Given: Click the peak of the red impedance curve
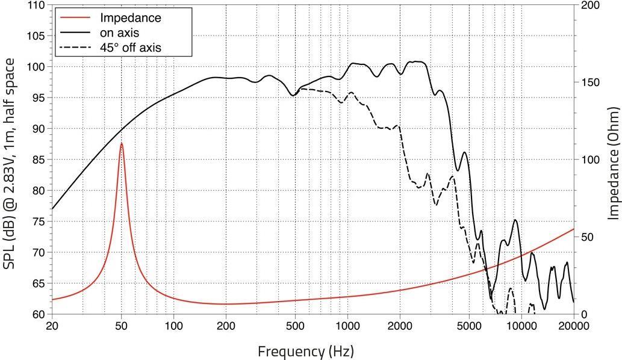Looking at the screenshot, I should click(x=122, y=143).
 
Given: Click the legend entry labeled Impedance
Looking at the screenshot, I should click(x=130, y=18).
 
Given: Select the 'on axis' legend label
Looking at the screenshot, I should click(x=119, y=33).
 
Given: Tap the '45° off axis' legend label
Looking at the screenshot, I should click(x=130, y=47).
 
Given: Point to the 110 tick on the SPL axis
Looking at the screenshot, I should click(x=37, y=5).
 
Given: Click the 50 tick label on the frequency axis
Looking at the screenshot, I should click(x=122, y=326).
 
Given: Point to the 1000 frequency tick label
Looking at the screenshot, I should click(x=347, y=326).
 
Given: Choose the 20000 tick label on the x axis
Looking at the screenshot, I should click(x=573, y=326).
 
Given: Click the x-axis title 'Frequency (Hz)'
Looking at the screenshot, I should click(x=306, y=350).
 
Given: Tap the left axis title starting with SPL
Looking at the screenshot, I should click(x=11, y=160).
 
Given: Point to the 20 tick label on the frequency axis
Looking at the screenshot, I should click(x=52, y=326).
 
